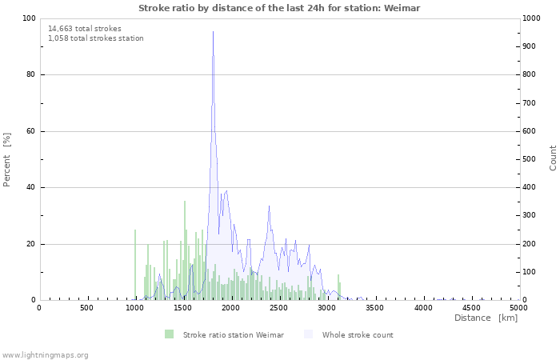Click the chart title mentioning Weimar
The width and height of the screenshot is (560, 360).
(279, 8)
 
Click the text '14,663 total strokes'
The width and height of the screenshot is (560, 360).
(85, 28)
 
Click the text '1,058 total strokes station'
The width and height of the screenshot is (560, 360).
(96, 38)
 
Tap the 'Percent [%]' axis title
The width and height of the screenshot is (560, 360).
(7, 159)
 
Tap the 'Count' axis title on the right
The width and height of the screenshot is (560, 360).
(553, 158)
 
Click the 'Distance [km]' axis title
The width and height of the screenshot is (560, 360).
(486, 318)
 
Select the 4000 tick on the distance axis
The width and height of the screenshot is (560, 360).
(422, 307)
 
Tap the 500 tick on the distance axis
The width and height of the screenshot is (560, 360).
(86, 307)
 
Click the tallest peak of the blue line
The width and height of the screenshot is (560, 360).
(213, 32)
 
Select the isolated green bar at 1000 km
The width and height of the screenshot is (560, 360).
(135, 264)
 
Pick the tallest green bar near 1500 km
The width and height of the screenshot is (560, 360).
(184, 250)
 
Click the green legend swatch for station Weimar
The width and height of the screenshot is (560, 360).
(169, 334)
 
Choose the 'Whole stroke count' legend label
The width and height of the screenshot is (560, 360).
(358, 334)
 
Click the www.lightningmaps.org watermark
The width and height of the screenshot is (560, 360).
(45, 354)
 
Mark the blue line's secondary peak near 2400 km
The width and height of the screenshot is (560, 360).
(270, 206)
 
